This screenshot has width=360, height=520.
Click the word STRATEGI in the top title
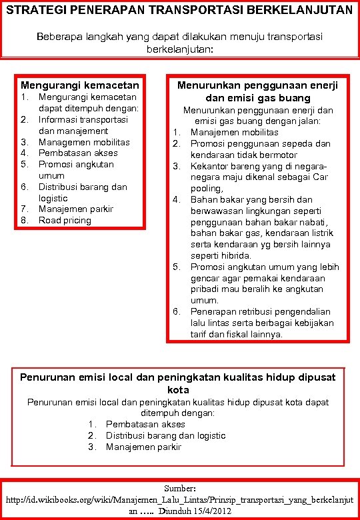(33, 11)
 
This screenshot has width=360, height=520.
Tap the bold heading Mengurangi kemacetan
(80, 85)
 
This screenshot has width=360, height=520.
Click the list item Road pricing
(65, 220)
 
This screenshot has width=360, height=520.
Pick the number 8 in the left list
(23, 220)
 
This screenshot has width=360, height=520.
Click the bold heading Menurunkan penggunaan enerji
(257, 85)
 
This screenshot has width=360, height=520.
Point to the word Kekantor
(209, 166)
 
